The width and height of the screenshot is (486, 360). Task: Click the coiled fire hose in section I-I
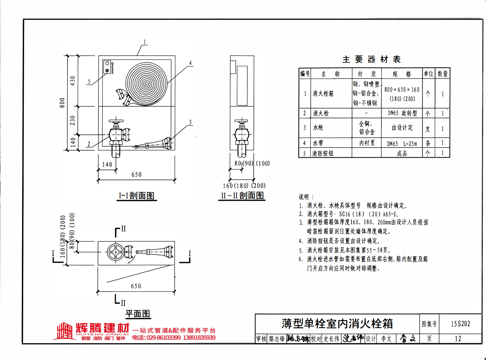point(146,84)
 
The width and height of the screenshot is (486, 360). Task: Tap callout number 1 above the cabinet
point(145,42)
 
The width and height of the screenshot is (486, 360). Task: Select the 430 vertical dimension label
point(72,81)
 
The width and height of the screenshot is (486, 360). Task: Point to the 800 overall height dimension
point(62,103)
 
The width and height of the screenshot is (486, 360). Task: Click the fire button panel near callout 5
point(107,67)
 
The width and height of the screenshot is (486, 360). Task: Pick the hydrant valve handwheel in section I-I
point(116,121)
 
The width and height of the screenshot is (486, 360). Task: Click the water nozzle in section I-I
point(154,144)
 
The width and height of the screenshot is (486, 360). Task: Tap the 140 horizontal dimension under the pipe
point(107,165)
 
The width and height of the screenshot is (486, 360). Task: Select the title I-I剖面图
point(136,196)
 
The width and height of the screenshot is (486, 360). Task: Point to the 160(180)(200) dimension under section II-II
point(244,186)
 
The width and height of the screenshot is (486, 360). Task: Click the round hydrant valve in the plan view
point(116,252)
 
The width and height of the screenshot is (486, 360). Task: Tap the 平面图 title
point(138,314)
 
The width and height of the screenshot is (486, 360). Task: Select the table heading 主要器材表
point(372,59)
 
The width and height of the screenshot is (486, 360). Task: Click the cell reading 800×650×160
point(402,90)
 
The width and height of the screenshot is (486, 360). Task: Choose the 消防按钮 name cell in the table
point(323,153)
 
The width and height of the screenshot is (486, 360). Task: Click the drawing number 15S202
point(460,324)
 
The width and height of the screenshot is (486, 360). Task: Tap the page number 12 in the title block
point(458,339)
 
